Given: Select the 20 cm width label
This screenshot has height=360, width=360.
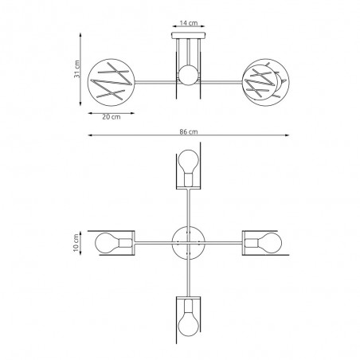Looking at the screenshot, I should (111, 116).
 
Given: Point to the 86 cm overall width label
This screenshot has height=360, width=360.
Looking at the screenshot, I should (189, 131).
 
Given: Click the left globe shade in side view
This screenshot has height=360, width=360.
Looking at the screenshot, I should (112, 80).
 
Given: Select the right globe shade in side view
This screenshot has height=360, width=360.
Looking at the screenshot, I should (265, 80).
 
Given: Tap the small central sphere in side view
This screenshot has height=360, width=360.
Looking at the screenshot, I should (188, 77).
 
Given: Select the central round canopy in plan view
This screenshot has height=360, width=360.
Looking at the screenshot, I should (188, 241).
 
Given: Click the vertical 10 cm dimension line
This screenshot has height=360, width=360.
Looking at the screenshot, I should (84, 241).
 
